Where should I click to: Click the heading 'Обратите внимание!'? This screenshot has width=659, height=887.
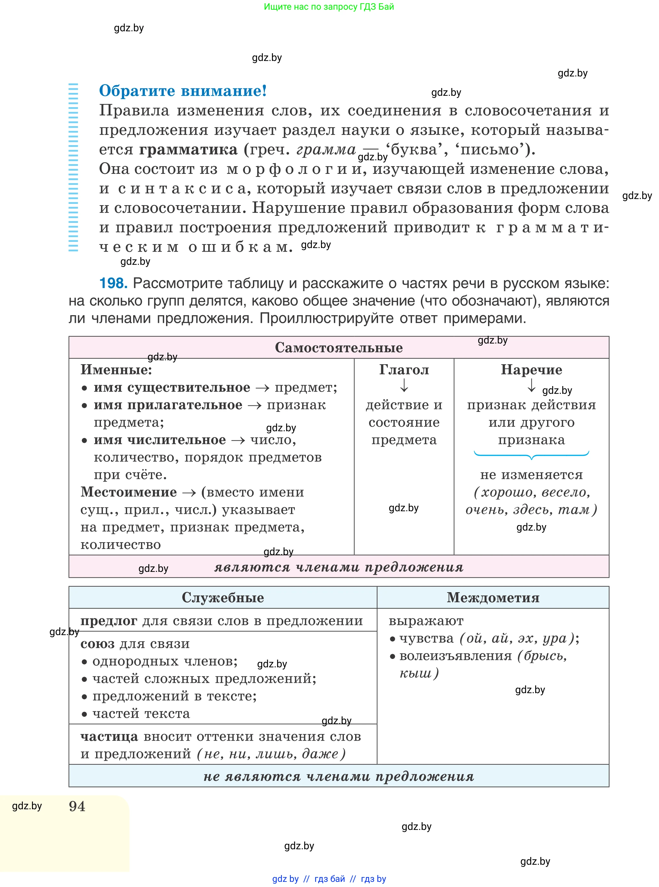183,91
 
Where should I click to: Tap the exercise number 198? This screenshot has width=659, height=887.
113,283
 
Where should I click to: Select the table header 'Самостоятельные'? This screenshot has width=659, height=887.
339,347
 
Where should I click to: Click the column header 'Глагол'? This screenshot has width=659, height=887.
404,370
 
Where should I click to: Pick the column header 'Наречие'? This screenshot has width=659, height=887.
531,370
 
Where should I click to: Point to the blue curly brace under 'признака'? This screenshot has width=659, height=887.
531,455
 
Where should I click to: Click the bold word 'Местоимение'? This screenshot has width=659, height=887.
128,492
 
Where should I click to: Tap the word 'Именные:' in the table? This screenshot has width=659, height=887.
116,370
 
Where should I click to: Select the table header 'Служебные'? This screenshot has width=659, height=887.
223,597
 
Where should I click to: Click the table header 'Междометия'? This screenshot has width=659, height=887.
493,597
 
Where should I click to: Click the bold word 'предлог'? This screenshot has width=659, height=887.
108,621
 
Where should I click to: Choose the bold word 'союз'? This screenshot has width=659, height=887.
97,644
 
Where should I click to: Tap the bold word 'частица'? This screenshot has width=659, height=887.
109,736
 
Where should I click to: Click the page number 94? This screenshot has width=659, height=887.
77,806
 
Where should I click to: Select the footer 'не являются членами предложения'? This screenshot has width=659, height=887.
339,776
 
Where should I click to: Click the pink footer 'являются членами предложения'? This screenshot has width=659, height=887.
339,567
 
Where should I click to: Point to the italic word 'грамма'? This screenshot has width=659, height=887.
325,150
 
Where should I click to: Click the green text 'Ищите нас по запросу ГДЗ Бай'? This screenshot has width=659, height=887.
329,7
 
